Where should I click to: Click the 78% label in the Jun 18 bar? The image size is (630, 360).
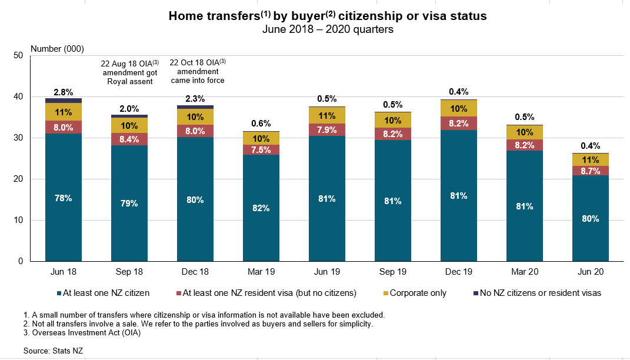click(64, 198)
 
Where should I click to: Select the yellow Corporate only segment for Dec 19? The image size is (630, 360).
click(459, 108)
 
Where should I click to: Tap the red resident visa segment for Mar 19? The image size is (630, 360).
click(261, 149)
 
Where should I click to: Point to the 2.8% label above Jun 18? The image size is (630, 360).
click(64, 92)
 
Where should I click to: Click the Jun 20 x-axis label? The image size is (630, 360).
click(591, 272)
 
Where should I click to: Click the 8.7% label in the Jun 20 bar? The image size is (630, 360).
click(591, 170)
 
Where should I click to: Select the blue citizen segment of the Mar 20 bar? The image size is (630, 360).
click(525, 206)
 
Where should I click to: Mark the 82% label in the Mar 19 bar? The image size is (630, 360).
click(261, 208)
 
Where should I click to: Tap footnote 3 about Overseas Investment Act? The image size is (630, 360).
click(83, 333)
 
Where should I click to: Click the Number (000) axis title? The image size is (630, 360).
click(56, 48)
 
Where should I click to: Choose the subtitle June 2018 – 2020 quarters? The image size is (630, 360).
click(328, 29)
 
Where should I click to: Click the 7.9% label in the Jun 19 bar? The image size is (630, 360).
click(327, 129)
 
